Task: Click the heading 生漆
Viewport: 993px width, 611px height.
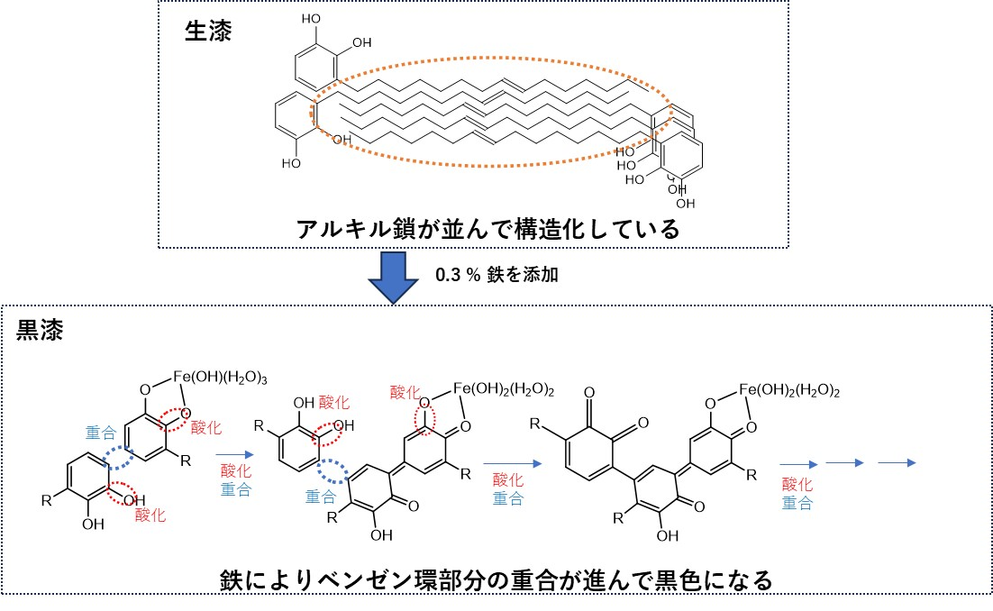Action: pos(208,31)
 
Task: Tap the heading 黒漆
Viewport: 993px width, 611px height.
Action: pos(40,330)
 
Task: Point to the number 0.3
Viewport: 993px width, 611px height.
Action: pos(448,275)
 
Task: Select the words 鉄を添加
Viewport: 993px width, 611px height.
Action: pos(523,275)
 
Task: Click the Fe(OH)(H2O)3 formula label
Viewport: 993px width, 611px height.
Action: pos(220,378)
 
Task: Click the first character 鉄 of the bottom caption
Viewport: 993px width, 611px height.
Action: pos(232,580)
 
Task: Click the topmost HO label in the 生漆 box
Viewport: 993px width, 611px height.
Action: pos(311,19)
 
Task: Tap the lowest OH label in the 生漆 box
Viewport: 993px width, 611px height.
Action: pos(685,204)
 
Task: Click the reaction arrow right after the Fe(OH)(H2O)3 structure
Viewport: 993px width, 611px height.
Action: pos(235,454)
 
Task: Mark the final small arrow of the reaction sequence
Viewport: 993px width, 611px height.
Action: pos(897,463)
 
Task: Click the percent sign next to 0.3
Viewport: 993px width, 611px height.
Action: pos(474,275)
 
